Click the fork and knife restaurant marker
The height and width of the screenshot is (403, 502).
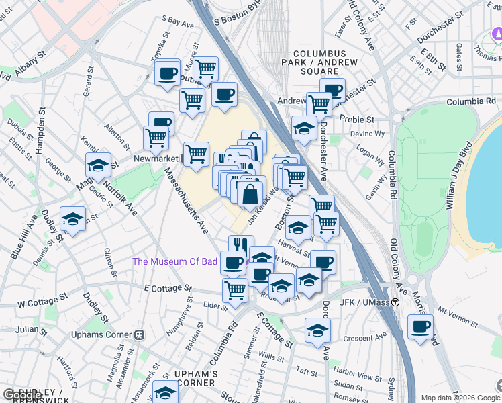(x=241, y=247)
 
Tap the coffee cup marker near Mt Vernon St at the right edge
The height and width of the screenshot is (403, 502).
(x=421, y=327)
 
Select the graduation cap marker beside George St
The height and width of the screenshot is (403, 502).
(x=98, y=165)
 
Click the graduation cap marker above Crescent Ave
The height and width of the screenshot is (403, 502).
(x=317, y=330)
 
